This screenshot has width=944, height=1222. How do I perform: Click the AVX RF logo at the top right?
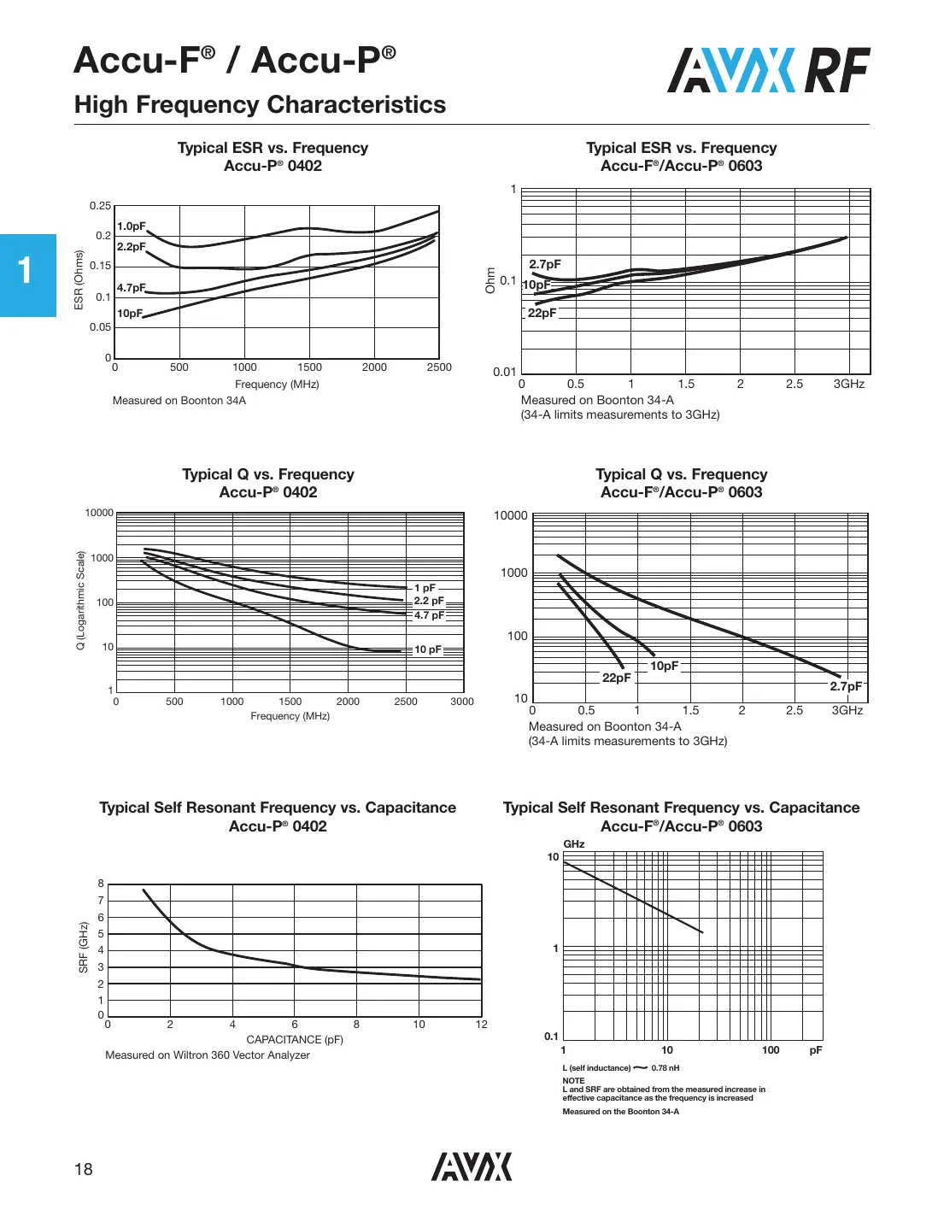click(x=768, y=70)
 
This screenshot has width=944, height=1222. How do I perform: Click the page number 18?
click(x=83, y=1169)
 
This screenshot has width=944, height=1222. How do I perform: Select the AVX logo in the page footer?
click(x=471, y=1166)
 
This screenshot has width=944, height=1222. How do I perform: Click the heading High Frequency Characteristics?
click(x=260, y=105)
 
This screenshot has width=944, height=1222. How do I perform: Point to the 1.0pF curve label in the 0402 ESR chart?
click(x=132, y=226)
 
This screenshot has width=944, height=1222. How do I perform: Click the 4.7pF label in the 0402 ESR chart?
click(x=132, y=288)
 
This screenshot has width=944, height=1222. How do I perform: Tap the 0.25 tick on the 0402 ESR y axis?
click(x=100, y=206)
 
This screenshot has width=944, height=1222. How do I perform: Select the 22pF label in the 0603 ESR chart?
click(x=542, y=313)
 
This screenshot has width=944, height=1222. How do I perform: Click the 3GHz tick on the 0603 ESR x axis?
click(x=848, y=385)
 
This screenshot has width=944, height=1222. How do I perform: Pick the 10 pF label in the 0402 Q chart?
click(x=428, y=649)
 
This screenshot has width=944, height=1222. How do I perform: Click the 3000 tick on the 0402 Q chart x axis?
click(x=462, y=702)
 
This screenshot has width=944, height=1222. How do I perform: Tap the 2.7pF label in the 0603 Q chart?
click(x=846, y=686)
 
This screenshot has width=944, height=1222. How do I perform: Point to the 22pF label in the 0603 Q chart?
click(x=616, y=678)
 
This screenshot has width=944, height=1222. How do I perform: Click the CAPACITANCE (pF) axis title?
click(x=295, y=1040)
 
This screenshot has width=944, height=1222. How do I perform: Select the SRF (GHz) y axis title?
click(x=84, y=947)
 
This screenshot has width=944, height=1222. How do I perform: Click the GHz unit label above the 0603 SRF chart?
click(x=574, y=844)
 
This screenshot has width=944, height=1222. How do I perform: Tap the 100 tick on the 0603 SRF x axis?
click(x=771, y=1050)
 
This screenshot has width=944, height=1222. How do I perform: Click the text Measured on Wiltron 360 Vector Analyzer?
click(x=208, y=1055)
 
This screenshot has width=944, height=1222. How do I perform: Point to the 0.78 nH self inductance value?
click(x=665, y=1068)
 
